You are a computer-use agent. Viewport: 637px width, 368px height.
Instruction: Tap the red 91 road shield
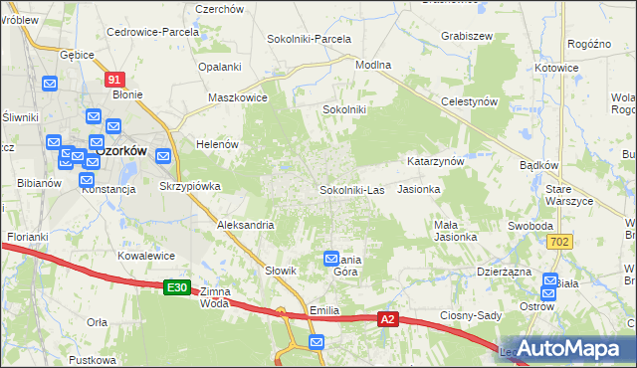(x=115, y=80)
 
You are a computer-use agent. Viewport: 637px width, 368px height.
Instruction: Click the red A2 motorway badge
(x=389, y=320)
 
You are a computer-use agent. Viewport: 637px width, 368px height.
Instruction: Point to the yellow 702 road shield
(x=562, y=242)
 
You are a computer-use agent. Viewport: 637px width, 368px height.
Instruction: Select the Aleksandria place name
(x=245, y=226)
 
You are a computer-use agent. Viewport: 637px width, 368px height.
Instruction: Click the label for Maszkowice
(x=237, y=98)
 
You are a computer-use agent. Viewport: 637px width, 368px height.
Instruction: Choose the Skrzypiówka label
(x=189, y=186)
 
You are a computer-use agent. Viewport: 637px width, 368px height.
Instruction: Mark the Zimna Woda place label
(x=215, y=297)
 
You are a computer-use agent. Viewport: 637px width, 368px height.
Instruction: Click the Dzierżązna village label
(x=506, y=270)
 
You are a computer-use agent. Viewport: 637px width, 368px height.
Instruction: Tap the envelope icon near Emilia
(x=317, y=343)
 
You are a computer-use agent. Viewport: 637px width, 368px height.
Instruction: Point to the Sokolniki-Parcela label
(x=309, y=39)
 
